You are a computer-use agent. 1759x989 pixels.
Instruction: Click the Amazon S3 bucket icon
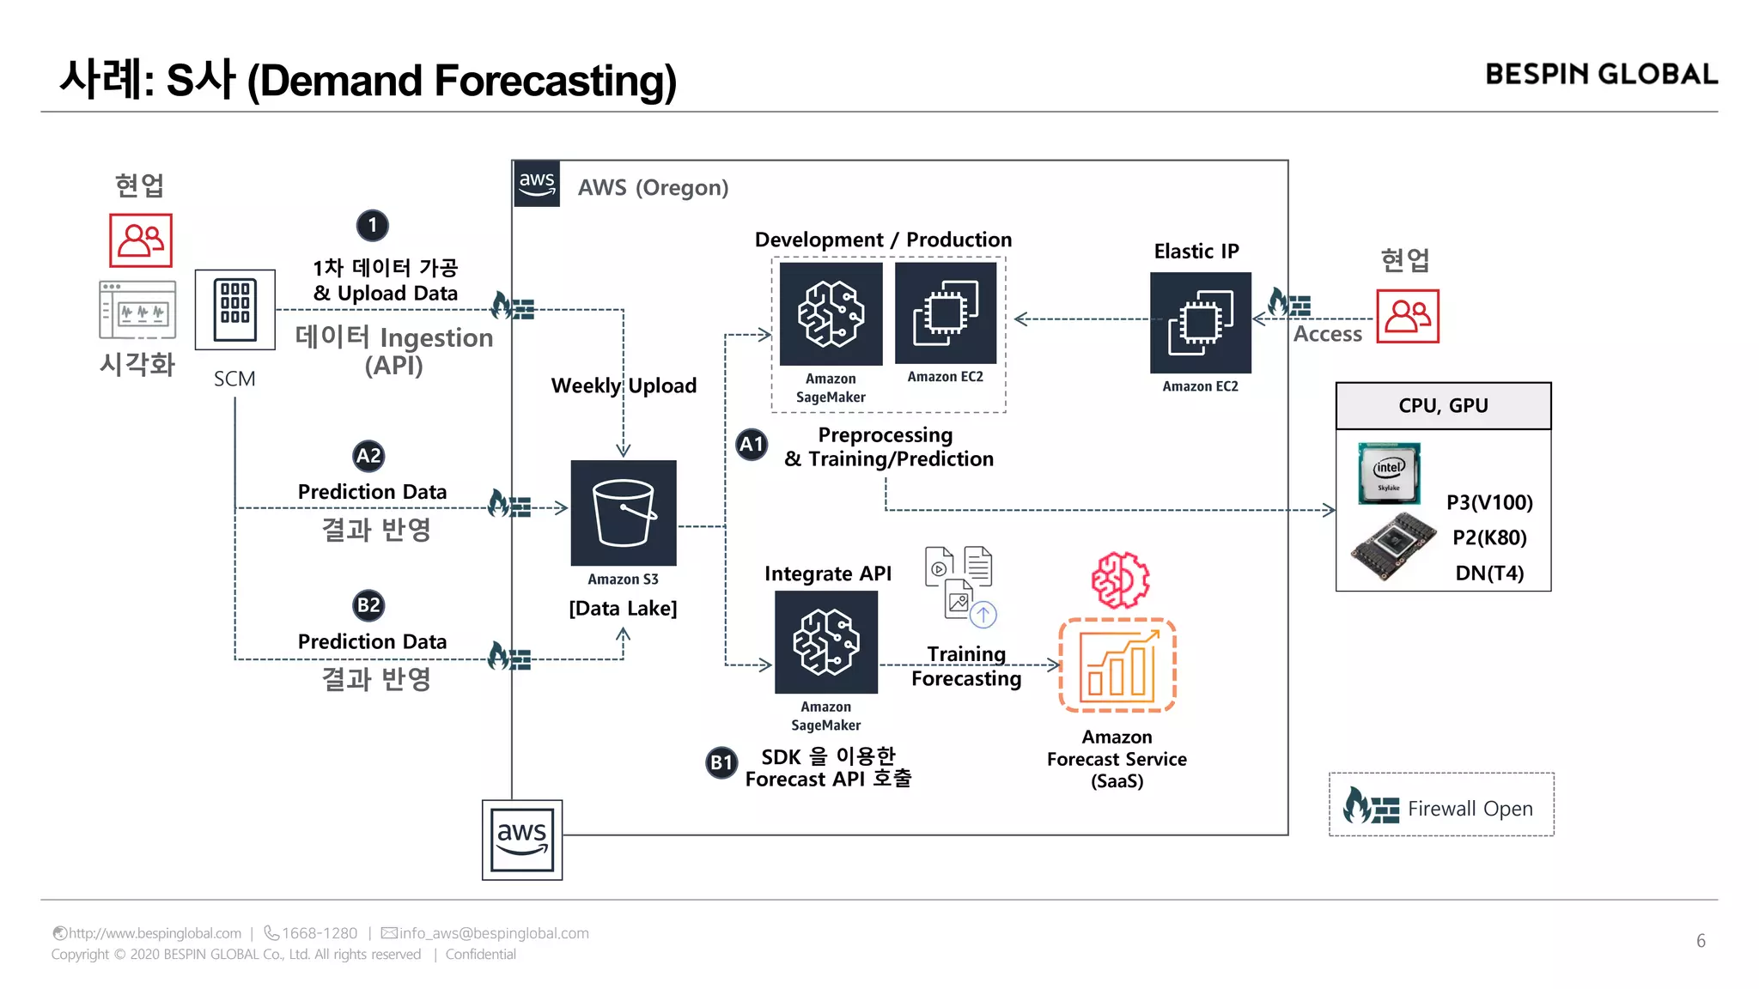pos(624,513)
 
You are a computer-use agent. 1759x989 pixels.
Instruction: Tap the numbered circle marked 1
pos(372,226)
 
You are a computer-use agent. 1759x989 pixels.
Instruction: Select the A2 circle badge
pos(368,456)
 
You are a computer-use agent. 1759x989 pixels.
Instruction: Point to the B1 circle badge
pos(721,761)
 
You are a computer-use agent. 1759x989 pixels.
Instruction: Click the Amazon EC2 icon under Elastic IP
pos(1200,323)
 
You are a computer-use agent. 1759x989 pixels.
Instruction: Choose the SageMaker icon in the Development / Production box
pos(831,314)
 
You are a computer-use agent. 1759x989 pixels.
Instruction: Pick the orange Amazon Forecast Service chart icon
pos(1117,665)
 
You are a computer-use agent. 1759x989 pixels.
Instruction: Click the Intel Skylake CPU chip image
pos(1389,473)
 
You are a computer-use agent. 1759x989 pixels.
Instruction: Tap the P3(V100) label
pos(1489,502)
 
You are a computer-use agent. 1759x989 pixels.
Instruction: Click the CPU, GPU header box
pos(1443,406)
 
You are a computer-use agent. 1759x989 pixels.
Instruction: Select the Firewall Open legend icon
pos(1371,806)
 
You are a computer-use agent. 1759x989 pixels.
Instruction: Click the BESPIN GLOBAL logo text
pos(1601,75)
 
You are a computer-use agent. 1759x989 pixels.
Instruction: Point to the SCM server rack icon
pos(235,310)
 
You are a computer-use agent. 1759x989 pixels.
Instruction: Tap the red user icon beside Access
pos(1408,317)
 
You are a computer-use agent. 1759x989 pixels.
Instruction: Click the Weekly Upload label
pos(624,385)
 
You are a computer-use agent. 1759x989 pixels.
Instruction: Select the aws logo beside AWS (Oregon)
pos(537,184)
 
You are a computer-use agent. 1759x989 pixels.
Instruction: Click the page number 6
pos(1701,941)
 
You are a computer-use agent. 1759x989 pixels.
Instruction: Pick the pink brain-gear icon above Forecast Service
pos(1120,580)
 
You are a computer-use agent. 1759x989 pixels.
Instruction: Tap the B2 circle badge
pos(368,605)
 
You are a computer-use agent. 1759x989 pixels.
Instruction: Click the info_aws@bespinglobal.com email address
pos(493,933)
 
